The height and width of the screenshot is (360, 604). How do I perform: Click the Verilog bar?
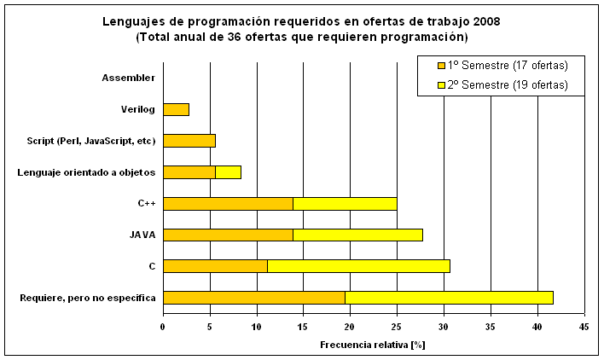click(176, 109)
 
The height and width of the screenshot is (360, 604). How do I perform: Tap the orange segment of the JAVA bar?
click(228, 235)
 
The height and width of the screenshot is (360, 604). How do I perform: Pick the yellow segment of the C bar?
click(358, 266)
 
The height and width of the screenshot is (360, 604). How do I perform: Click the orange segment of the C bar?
click(215, 266)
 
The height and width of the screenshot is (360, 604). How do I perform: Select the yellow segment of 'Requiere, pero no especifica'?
click(449, 297)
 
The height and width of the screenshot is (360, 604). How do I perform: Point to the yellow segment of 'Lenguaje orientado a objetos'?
click(228, 172)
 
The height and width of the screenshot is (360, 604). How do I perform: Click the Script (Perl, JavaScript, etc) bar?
click(189, 141)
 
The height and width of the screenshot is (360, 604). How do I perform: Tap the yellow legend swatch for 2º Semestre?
click(440, 85)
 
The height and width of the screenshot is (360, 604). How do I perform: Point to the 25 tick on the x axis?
click(397, 325)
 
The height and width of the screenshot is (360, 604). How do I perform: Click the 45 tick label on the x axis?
click(584, 325)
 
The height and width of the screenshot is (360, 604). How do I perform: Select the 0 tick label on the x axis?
click(163, 325)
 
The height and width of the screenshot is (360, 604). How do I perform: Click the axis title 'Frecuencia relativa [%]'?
click(373, 345)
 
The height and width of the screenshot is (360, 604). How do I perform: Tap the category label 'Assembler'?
click(128, 78)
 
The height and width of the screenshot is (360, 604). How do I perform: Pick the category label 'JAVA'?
click(142, 235)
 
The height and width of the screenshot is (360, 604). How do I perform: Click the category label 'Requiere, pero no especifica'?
click(87, 297)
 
